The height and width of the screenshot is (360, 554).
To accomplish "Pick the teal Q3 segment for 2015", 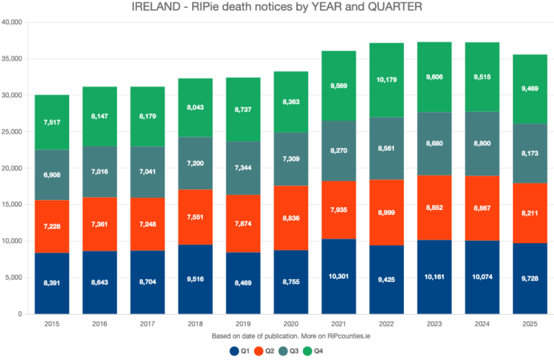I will pos(53,175).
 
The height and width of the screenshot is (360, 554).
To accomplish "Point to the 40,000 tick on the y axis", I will pos(13,22).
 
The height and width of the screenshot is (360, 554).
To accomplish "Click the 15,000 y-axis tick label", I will pos(13,205).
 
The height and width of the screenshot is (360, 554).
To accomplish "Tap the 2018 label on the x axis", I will pos(195,324).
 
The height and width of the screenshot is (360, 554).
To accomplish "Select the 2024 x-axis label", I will pos(481,324).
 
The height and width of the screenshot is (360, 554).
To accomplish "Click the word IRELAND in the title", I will pos(157,7).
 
